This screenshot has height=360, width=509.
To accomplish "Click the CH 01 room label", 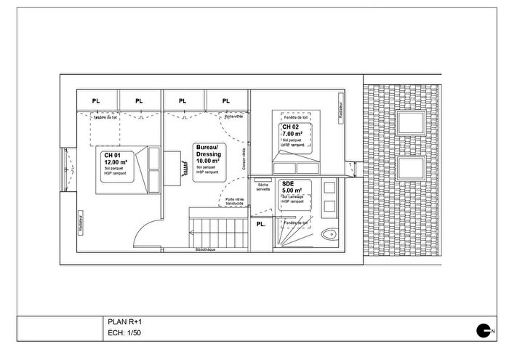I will coord(112,155).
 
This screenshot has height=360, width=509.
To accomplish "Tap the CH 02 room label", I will coord(291,127).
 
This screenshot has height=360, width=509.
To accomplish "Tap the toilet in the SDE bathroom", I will coord(331,234).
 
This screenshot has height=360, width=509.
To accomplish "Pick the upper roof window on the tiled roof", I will coord(412,121).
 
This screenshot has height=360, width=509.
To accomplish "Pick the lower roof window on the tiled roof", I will coord(412,169).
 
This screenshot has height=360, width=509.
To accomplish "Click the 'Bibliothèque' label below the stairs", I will coord(206,249).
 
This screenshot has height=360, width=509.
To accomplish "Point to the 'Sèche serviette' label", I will coord(262,188).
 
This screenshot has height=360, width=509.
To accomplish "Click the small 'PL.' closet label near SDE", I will coord(261,224).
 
